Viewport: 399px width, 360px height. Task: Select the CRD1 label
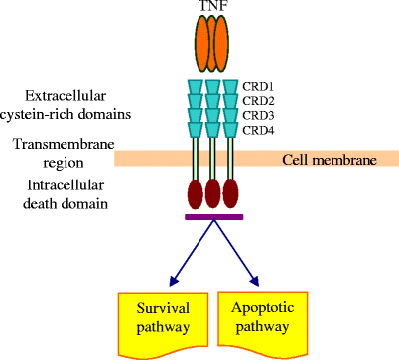pos(260,87)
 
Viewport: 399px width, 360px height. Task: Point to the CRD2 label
pos(260,101)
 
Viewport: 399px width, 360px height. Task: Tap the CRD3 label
pos(260,115)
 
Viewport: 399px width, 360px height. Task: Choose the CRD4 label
pos(260,129)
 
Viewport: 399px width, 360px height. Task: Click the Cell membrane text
pos(330,159)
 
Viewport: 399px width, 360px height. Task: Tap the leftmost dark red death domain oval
pos(195,192)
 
